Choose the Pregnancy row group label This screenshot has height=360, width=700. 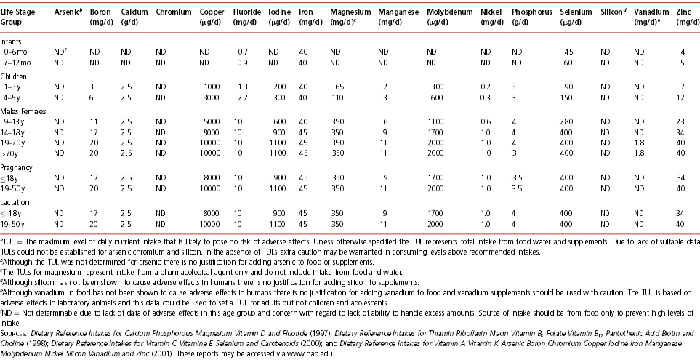(17, 167)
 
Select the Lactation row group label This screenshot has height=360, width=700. (16, 199)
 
